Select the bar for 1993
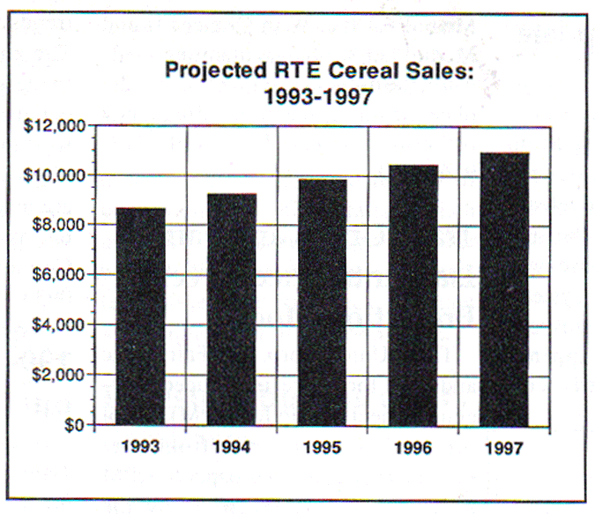pos(140,317)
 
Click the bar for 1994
pos(232,310)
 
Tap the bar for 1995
pos(323,303)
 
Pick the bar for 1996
pos(413,296)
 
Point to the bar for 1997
pos(503,290)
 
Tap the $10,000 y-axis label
pos(56,175)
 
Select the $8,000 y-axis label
pos(59,224)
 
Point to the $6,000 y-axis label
pos(59,274)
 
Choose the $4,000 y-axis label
pos(59,324)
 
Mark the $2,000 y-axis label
pos(59,375)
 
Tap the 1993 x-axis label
pos(141,447)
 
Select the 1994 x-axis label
pos(232,448)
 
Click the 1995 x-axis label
pos(323,448)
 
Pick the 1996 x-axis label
pos(413,448)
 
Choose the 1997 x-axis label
pos(503,448)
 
